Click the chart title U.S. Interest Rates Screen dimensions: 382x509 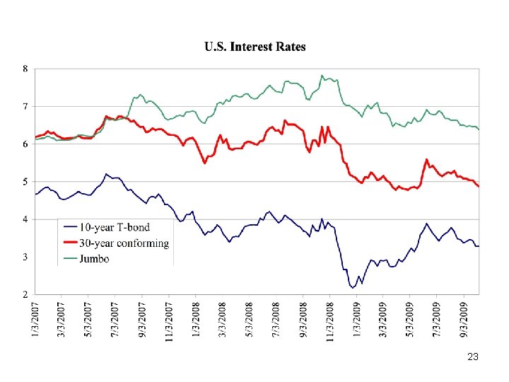point(255,47)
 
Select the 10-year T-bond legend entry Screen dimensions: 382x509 point(115,227)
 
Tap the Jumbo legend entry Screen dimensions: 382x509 point(95,259)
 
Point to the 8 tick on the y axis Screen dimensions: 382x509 point(25,69)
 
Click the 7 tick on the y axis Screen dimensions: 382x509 point(25,107)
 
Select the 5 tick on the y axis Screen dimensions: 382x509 point(25,182)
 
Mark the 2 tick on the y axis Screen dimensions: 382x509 point(25,294)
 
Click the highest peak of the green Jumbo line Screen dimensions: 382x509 point(322,76)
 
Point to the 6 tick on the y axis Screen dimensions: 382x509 point(25,144)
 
